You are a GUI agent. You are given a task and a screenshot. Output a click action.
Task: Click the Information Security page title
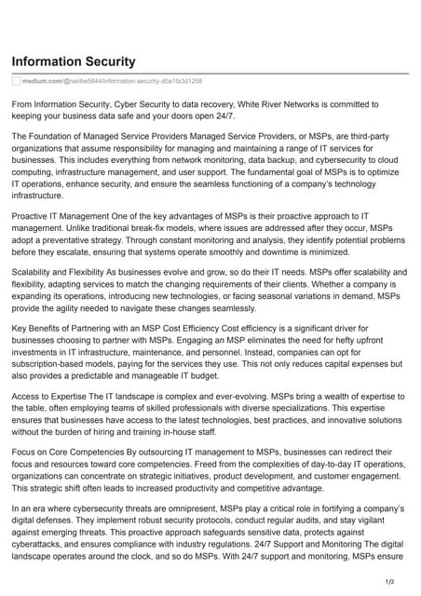(73, 61)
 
